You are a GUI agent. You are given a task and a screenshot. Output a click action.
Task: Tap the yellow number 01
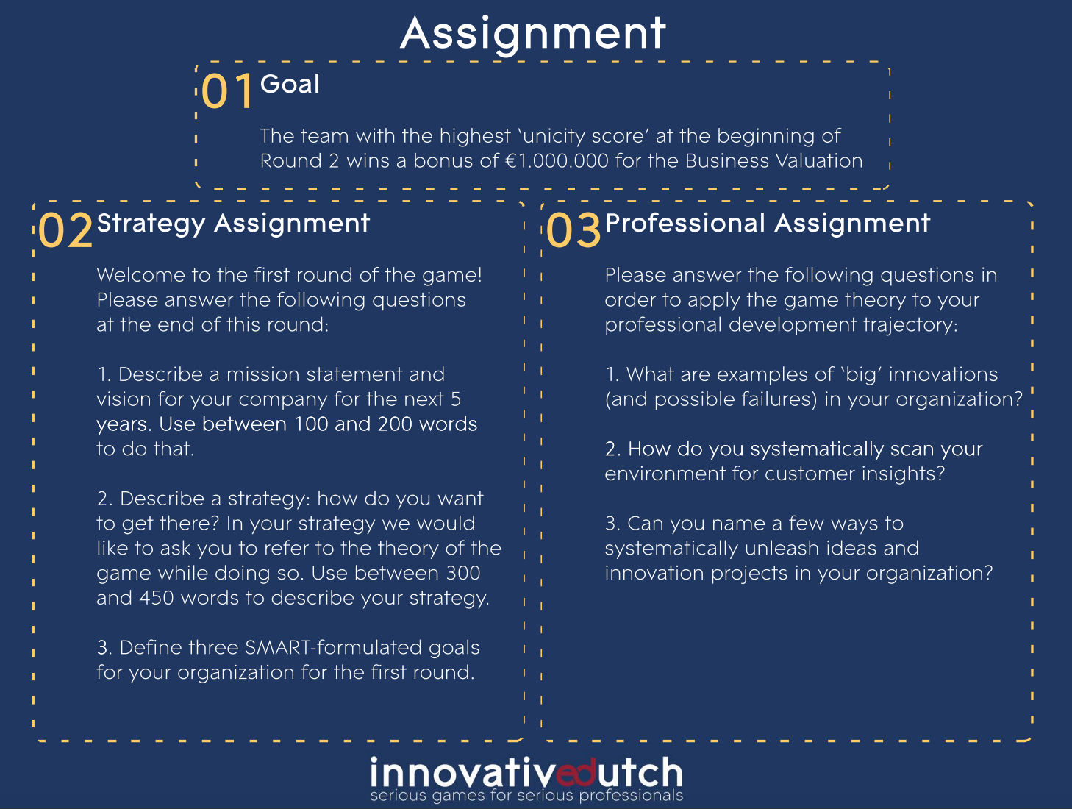(227, 91)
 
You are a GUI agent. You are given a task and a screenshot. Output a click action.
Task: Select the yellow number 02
(65, 230)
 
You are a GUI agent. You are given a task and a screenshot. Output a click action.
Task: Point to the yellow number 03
(573, 230)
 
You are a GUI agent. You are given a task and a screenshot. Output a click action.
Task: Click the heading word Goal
(290, 84)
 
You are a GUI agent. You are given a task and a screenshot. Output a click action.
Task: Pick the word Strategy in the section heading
(151, 225)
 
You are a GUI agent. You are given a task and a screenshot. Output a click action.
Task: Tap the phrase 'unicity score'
(585, 136)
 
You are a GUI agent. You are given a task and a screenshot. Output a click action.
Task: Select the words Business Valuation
(773, 161)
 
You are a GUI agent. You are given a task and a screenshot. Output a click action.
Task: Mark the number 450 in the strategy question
(157, 598)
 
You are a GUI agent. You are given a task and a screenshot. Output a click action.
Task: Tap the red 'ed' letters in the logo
(576, 772)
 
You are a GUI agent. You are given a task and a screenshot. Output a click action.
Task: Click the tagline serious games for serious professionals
(526, 795)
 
